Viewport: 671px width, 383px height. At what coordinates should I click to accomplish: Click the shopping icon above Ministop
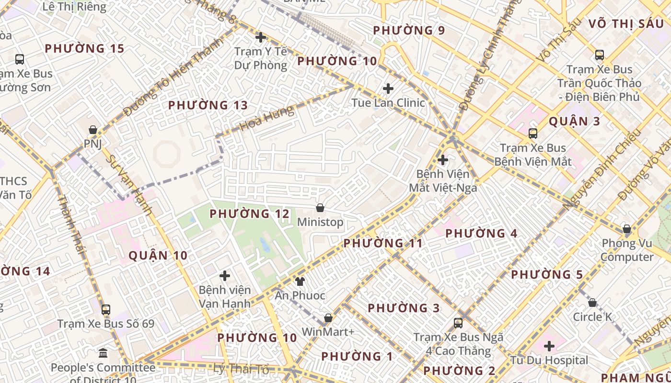pos(320,208)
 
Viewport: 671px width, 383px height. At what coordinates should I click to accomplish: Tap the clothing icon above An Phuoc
pos(300,281)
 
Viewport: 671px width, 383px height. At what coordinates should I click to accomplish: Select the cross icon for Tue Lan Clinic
pos(388,89)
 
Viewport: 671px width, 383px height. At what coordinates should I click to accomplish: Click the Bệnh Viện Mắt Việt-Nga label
pos(443,180)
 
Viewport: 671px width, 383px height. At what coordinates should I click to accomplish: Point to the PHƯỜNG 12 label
pos(250,214)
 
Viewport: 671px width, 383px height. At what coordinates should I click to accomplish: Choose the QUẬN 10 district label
pos(158,256)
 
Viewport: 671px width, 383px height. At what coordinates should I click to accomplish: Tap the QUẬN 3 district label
pos(574,121)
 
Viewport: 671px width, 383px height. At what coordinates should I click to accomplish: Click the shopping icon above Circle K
pos(592,303)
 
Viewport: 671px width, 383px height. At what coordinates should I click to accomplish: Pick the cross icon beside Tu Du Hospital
pos(549,346)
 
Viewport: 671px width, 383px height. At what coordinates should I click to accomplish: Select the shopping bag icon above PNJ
pos(93,130)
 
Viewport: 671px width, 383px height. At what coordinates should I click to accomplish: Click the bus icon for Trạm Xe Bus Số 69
pos(106,310)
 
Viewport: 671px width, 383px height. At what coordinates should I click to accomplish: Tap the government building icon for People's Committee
pos(103,354)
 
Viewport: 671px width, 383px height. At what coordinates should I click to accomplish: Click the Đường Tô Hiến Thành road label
pos(173,77)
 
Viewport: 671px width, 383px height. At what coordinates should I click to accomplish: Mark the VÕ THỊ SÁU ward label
pos(625,23)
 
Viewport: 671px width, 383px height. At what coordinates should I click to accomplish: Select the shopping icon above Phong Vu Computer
pos(626,229)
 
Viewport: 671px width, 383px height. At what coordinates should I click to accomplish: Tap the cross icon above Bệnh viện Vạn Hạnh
pos(225,276)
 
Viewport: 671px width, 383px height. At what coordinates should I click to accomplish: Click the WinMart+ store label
pos(328,332)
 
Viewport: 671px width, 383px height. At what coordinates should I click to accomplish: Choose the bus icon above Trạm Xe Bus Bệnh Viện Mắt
pos(532,134)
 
